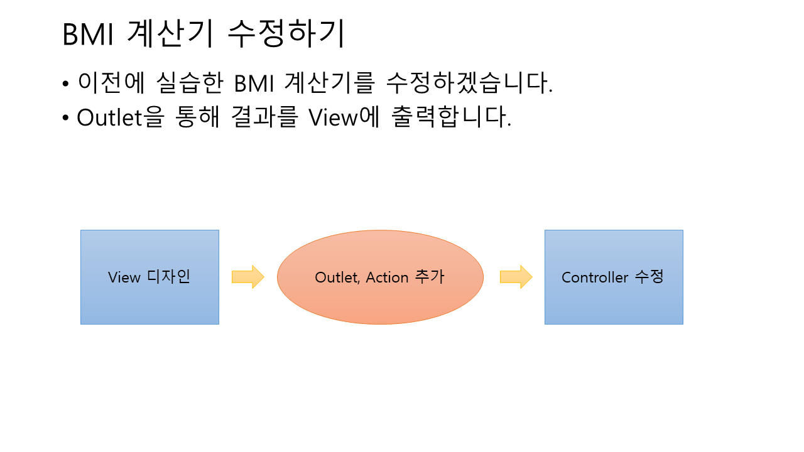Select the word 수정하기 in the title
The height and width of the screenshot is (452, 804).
(x=286, y=35)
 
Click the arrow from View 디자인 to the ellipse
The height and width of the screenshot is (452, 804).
(x=247, y=277)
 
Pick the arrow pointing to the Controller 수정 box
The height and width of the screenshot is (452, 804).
(x=516, y=277)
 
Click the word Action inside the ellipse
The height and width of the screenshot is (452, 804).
(x=387, y=277)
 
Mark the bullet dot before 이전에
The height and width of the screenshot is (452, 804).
(x=66, y=84)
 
